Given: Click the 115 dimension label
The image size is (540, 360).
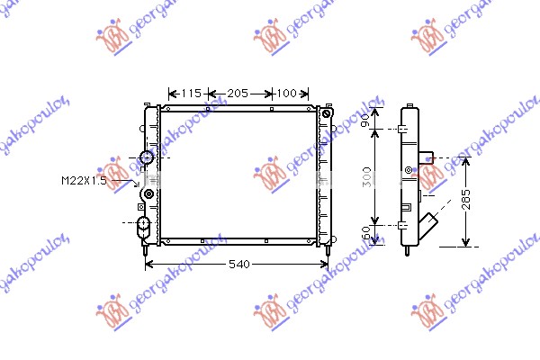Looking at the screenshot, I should pyautogui.click(x=190, y=94).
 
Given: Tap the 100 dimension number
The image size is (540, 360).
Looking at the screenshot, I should pyautogui.click(x=286, y=94).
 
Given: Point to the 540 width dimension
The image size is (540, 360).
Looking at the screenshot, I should pyautogui.click(x=238, y=265).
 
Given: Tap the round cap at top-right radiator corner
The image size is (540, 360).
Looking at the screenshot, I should pyautogui.click(x=326, y=115).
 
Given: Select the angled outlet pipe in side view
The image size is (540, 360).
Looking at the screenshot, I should pyautogui.click(x=434, y=221).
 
